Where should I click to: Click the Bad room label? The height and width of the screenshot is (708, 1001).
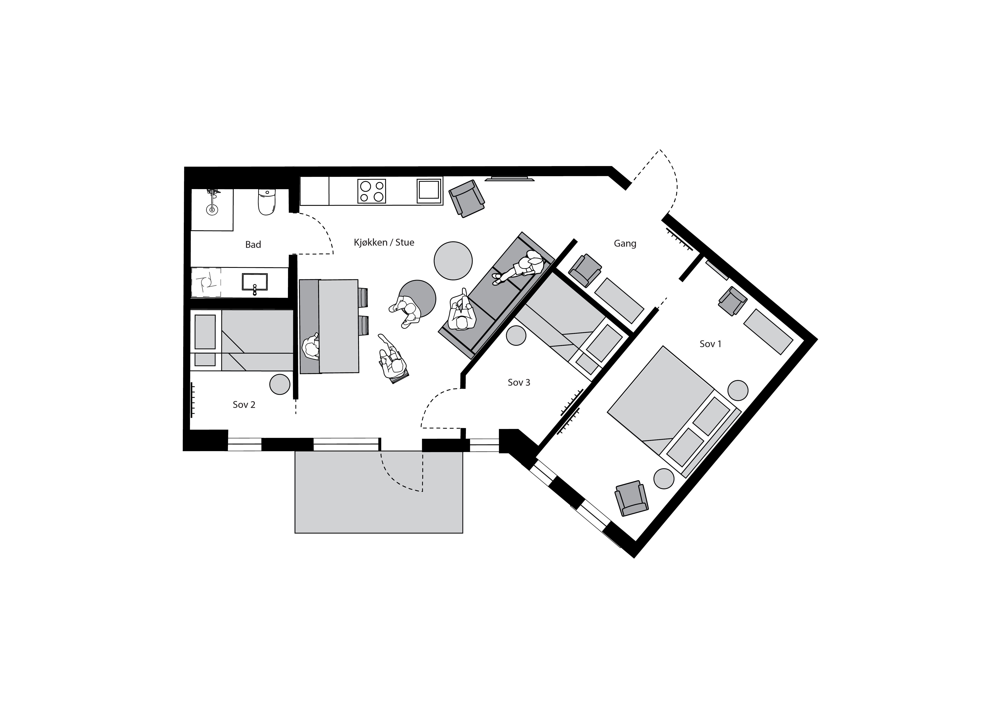[253, 245]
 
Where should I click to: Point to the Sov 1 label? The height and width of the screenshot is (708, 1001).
[710, 344]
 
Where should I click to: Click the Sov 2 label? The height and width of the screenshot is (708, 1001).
[244, 405]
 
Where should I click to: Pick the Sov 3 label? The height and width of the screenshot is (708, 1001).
[519, 382]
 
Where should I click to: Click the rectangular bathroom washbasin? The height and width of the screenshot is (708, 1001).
[255, 282]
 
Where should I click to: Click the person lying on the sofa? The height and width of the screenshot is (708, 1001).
[519, 267]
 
